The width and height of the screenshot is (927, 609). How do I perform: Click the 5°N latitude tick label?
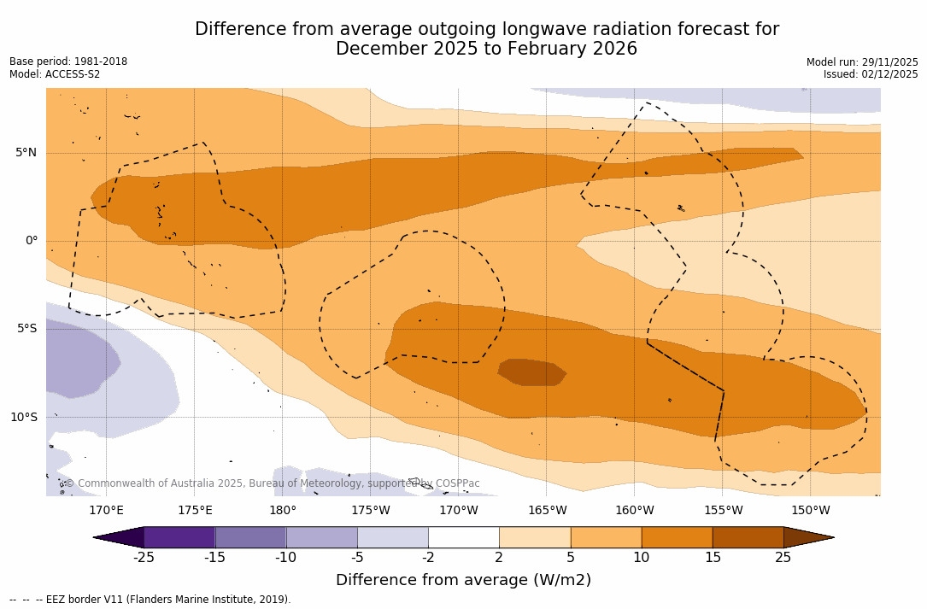26,153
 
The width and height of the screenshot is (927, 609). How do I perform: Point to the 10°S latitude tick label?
23,418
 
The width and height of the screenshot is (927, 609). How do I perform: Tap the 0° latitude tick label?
31,241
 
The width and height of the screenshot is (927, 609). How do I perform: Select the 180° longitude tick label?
283,511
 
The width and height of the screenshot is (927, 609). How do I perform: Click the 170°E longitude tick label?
106,511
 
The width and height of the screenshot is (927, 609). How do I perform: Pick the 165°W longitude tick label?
547,511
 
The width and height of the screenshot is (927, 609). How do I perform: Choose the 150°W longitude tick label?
810,511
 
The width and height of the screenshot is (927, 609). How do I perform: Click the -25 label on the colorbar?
144,558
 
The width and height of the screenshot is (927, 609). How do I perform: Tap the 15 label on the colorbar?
712,558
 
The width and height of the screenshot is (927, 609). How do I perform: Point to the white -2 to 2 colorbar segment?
463,537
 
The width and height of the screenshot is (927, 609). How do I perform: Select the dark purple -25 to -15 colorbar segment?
179,537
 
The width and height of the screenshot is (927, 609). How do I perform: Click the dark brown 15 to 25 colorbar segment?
748,537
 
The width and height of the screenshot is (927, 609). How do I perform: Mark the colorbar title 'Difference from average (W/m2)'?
463,580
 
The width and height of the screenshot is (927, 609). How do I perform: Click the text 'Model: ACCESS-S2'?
55,74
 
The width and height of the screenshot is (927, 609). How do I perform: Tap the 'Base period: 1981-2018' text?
68,61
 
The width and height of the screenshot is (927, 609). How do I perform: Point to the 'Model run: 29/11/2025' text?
862,62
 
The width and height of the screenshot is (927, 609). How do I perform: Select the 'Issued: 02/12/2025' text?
871,74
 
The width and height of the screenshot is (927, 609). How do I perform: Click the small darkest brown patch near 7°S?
532,372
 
